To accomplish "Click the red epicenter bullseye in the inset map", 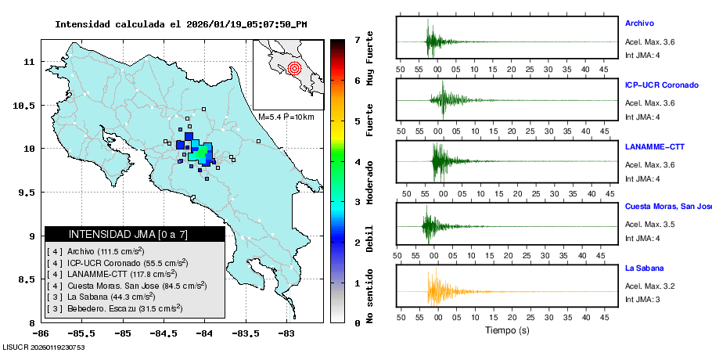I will (x=294, y=67).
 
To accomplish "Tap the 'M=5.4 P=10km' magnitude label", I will (x=286, y=117).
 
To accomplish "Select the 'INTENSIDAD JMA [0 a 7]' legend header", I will (x=134, y=234).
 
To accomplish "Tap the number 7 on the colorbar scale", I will (x=357, y=39).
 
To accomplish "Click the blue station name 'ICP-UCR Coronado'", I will (x=661, y=85).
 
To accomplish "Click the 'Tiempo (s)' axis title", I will (x=507, y=330).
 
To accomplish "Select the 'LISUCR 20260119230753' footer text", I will (x=44, y=347).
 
